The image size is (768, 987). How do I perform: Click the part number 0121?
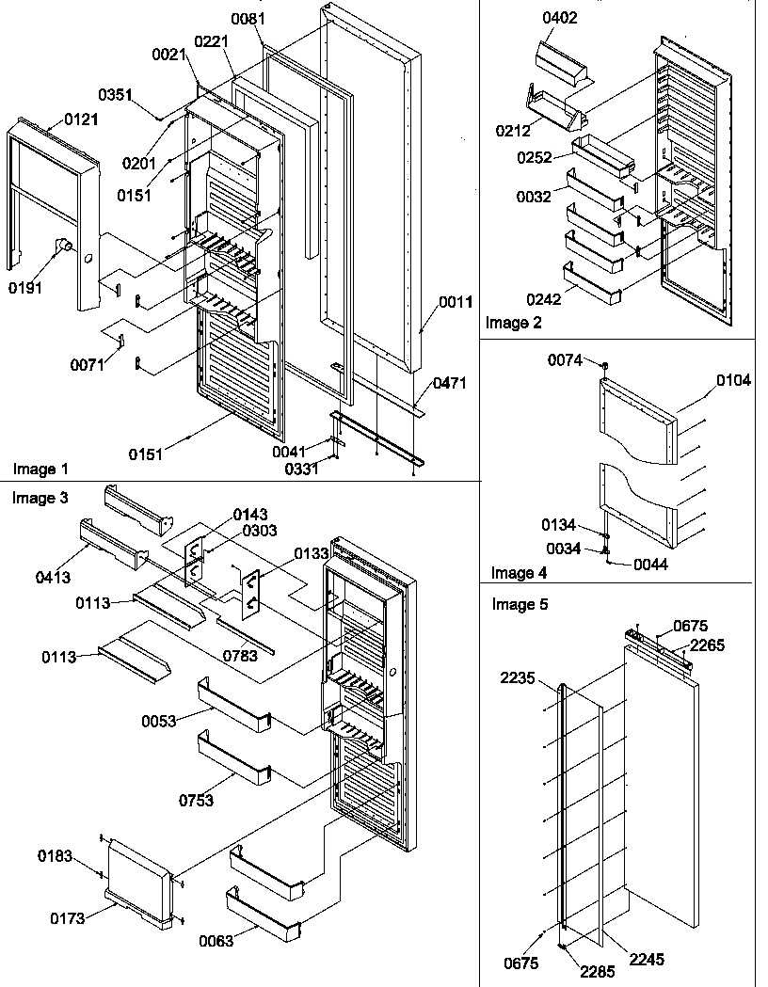tap(81, 119)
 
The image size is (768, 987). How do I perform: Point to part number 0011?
tap(455, 304)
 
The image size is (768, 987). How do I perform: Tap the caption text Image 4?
tap(519, 572)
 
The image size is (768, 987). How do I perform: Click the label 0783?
tap(241, 655)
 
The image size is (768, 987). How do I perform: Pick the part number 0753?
tap(197, 801)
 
